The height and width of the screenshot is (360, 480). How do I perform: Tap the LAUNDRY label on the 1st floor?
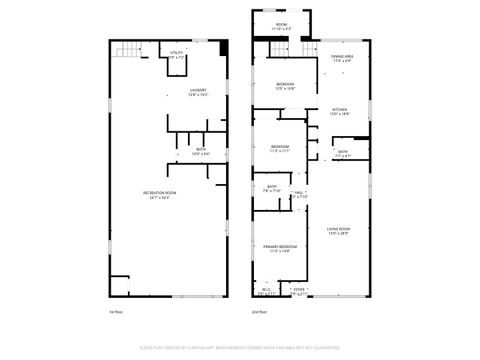[x=198, y=93]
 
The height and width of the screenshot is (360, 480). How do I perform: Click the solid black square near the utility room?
[x=223, y=47]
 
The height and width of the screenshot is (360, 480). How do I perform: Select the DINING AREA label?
[x=343, y=59]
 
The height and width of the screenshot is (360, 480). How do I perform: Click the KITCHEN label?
[x=340, y=111]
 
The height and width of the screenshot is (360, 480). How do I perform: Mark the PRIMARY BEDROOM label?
[x=280, y=248]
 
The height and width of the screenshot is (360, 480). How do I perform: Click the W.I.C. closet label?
[x=264, y=293]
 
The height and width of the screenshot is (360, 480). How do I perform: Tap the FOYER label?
[x=298, y=291]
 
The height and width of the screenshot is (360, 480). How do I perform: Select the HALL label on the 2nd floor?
[x=299, y=194]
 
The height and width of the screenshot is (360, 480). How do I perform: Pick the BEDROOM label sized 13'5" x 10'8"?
[x=285, y=86]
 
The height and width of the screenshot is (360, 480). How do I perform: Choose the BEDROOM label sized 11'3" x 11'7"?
[x=279, y=149]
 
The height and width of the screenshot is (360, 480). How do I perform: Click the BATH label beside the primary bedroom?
[x=272, y=189]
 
